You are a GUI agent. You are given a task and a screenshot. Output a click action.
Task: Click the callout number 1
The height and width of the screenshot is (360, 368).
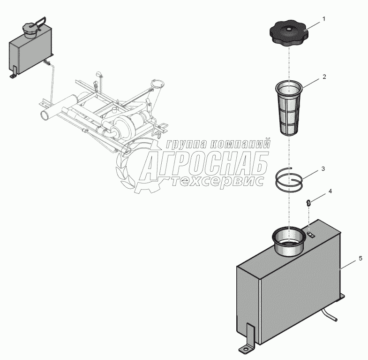pyautogui.click(x=324, y=19)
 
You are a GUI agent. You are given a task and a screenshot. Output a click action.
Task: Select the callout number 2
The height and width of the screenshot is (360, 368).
pyautogui.click(x=324, y=77)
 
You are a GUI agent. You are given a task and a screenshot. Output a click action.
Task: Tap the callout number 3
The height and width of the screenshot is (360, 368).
pyautogui.click(x=323, y=169)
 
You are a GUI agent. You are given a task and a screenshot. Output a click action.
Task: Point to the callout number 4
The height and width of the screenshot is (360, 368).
pyautogui.click(x=330, y=191)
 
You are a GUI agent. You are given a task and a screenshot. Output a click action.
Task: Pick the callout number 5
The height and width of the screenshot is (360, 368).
pyautogui.click(x=360, y=259)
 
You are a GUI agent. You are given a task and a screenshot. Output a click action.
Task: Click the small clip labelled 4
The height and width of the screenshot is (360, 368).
pyautogui.click(x=309, y=203)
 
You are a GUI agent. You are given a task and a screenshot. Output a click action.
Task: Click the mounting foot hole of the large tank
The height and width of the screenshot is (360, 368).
pyautogui.click(x=245, y=350)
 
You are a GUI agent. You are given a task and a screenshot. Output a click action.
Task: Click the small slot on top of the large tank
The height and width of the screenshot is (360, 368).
pyautogui.click(x=311, y=234)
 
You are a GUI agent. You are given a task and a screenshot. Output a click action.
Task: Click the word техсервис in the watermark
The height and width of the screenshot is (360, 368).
pyautogui.click(x=217, y=182)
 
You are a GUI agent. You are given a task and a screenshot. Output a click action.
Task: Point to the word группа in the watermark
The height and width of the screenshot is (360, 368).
pyautogui.click(x=186, y=144)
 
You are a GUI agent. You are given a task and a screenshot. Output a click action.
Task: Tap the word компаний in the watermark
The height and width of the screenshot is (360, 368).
pyautogui.click(x=240, y=144)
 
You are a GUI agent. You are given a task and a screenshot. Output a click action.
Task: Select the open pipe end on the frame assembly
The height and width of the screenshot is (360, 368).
pyautogui.click(x=45, y=115)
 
